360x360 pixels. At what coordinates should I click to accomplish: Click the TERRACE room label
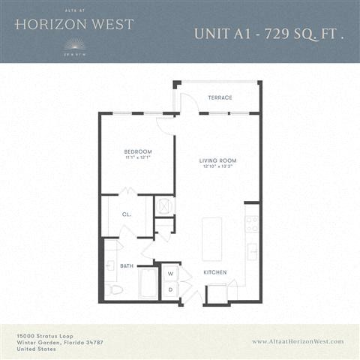click(x=220, y=98)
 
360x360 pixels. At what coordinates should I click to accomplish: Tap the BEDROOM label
click(x=138, y=151)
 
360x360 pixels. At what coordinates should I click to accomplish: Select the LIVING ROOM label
click(x=217, y=160)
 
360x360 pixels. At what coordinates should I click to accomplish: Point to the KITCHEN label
click(x=214, y=272)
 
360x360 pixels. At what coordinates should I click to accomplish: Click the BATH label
click(x=126, y=265)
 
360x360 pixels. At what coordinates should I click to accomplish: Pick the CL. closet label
click(x=127, y=214)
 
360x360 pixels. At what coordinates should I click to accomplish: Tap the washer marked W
click(x=169, y=274)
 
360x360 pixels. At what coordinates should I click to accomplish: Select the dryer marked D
click(x=169, y=289)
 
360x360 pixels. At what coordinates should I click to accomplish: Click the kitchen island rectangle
click(x=212, y=238)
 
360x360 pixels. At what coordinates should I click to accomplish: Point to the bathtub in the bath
click(x=148, y=284)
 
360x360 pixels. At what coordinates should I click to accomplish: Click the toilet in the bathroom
click(x=115, y=289)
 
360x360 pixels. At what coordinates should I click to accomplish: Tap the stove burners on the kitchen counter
click(x=253, y=223)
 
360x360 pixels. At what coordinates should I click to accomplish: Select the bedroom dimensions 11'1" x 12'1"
click(x=138, y=158)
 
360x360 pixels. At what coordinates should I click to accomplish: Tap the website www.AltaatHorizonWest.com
click(x=298, y=341)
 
